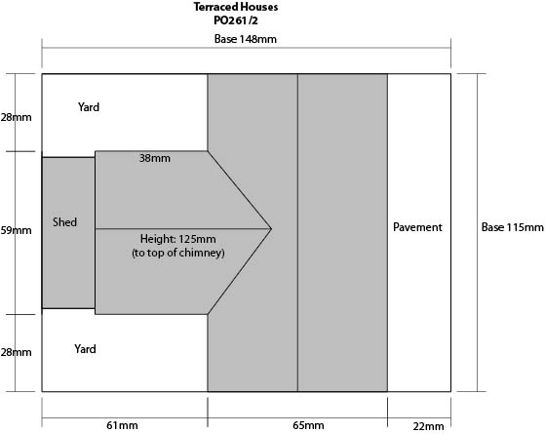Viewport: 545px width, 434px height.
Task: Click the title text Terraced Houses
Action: tap(236, 7)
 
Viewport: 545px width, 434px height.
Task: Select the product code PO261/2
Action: tap(236, 20)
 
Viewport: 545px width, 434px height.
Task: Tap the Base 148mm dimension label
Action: tap(246, 39)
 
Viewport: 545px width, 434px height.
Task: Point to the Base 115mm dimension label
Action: tap(512, 227)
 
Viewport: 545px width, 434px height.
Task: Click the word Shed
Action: tap(64, 221)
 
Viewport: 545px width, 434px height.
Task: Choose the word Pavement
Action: tap(417, 227)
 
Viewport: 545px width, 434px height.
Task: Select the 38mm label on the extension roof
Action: tap(155, 158)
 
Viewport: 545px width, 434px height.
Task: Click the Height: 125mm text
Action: tap(178, 239)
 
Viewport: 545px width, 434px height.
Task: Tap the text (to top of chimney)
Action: tap(178, 253)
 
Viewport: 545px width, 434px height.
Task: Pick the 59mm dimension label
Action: tap(16, 230)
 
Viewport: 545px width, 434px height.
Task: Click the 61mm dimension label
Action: tap(122, 425)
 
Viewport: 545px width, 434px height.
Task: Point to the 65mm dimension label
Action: tap(308, 425)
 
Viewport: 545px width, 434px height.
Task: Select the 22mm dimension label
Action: tap(428, 426)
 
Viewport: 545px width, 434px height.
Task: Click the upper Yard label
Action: tap(89, 106)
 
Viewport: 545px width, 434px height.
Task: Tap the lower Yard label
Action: tap(85, 349)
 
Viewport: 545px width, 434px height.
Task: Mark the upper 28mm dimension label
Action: tap(16, 117)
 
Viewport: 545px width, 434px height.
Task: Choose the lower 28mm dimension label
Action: tap(16, 352)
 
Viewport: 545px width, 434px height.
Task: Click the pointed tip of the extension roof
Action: tap(271, 229)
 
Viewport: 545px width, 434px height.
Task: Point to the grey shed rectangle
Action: tap(68, 233)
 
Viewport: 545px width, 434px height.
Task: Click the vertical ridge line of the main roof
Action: tap(297, 233)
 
